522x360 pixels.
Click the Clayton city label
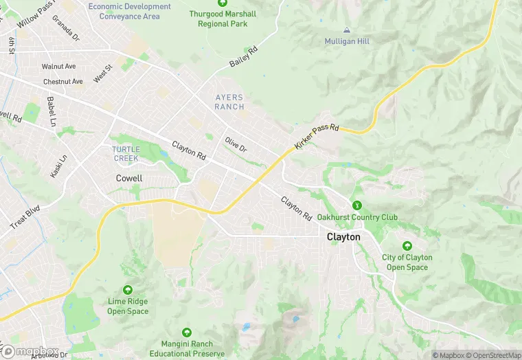[343, 236]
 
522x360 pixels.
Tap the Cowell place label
[129, 179]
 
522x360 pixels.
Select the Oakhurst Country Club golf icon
[356, 205]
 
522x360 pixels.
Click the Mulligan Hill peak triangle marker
[347, 30]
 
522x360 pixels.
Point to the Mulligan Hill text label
[347, 41]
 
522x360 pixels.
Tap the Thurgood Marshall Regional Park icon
[222, 3]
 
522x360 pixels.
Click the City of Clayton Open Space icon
[407, 246]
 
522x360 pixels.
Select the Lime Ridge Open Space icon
[128, 290]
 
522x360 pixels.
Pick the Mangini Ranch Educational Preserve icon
[188, 333]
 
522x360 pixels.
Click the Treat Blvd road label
[25, 217]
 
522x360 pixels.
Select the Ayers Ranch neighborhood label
[229, 102]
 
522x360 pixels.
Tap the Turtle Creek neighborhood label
[126, 153]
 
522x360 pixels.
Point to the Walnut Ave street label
[57, 66]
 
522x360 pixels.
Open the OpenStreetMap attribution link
[493, 355]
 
